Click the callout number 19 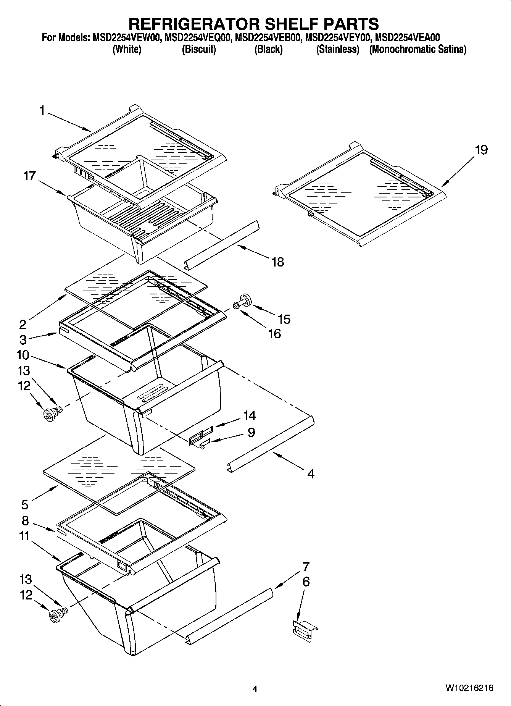pyautogui.click(x=481, y=150)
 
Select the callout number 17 pyautogui.click(x=29, y=176)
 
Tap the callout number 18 pyautogui.click(x=278, y=262)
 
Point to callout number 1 pyautogui.click(x=42, y=111)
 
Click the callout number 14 pyautogui.click(x=250, y=415)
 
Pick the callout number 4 pyautogui.click(x=311, y=474)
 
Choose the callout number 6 pyautogui.click(x=306, y=582)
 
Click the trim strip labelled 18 pyautogui.click(x=222, y=244)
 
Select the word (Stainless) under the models pyautogui.click(x=338, y=50)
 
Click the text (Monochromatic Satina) pyautogui.click(x=418, y=50)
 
